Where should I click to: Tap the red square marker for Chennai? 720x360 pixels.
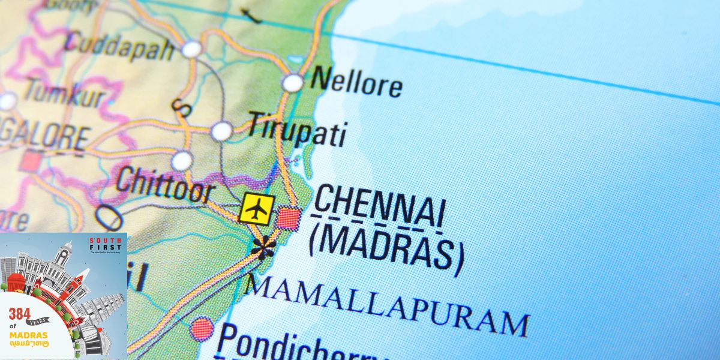[x=289, y=218]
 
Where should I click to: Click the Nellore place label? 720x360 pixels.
[x=356, y=82]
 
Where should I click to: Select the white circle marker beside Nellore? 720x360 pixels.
[x=293, y=83]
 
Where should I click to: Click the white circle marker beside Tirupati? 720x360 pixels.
[x=221, y=131]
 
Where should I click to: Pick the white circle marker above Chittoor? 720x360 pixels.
[x=182, y=160]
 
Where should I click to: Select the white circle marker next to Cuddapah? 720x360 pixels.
[x=191, y=49]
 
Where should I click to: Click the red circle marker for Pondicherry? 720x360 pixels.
[x=202, y=328]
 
